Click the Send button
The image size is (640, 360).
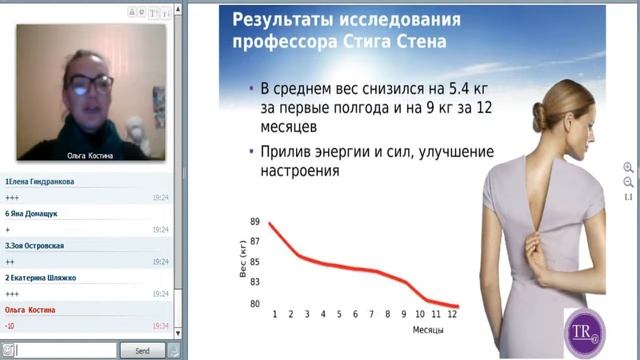pos(142,351)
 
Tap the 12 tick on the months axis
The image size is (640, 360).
pos(452,315)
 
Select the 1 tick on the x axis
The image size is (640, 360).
pos(275,315)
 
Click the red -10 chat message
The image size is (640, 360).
pos(10,325)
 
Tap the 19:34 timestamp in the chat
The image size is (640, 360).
pos(160,325)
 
